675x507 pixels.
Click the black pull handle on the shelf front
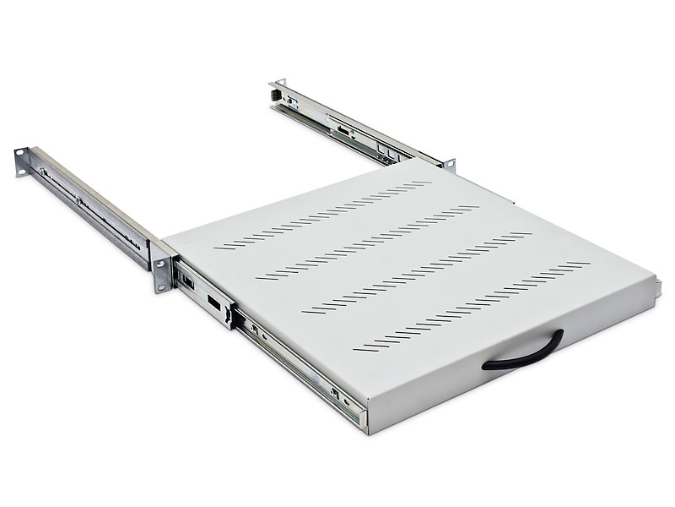(x=525, y=353)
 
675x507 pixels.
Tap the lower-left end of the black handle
(x=489, y=366)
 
